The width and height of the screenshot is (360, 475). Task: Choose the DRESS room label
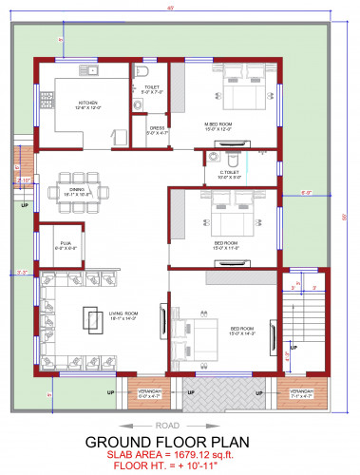157,131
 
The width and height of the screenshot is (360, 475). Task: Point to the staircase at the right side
302,332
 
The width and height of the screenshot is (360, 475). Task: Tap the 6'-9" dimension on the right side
306,193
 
